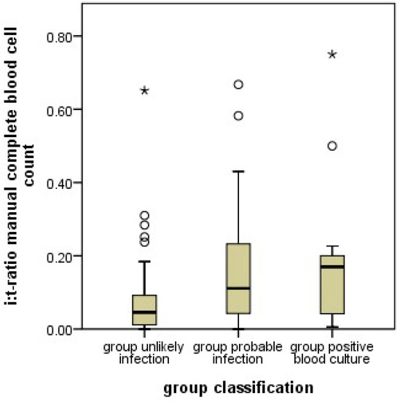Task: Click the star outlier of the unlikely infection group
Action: [145, 90]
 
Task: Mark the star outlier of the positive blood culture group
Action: [332, 55]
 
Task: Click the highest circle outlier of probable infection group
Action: [238, 85]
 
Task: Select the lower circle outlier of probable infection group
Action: [238, 116]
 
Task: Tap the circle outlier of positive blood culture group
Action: [332, 146]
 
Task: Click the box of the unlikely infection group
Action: [145, 310]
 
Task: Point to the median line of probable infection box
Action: [238, 288]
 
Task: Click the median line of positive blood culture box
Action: [332, 267]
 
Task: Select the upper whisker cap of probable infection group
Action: [238, 171]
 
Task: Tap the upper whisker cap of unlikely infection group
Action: [145, 261]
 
